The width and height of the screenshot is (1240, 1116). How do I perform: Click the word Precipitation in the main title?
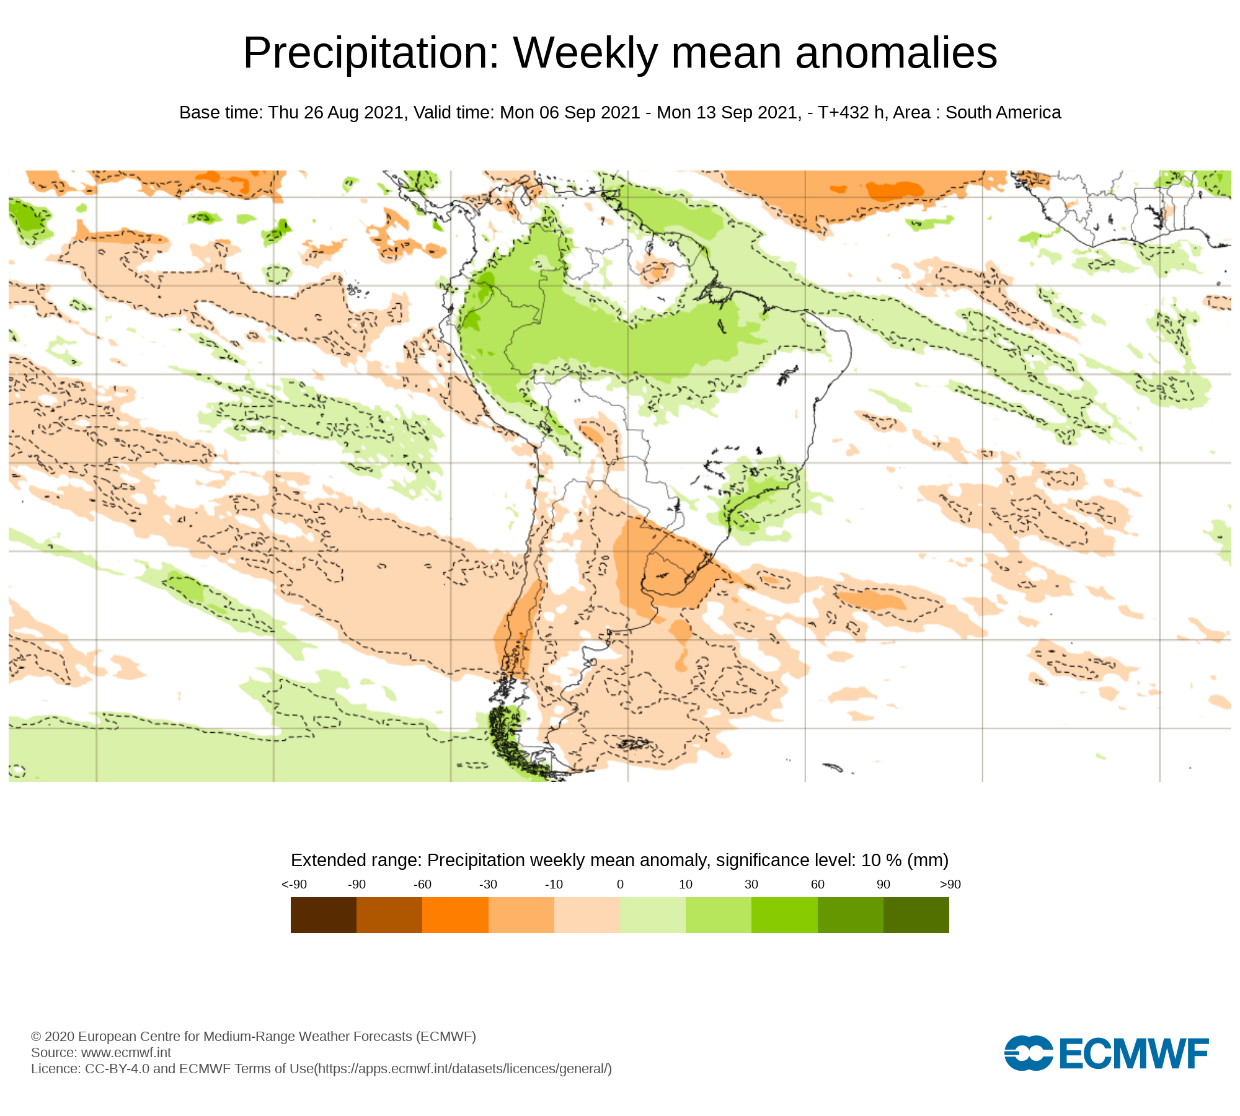point(371,53)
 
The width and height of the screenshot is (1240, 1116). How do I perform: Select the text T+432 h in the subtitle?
point(851,113)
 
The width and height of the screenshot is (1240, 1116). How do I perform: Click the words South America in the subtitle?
point(1003,113)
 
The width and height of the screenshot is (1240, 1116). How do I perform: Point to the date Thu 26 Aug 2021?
point(337,113)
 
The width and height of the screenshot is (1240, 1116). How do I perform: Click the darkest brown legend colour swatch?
point(324,915)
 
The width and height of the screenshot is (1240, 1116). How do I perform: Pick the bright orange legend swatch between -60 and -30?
point(455,915)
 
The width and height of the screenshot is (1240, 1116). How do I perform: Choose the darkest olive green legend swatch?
point(916,915)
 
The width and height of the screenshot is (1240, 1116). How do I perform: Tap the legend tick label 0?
point(620,885)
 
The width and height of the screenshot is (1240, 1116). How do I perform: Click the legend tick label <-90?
point(294,885)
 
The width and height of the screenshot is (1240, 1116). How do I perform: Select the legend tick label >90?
point(950,885)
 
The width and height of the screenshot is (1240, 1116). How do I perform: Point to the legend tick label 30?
point(751,885)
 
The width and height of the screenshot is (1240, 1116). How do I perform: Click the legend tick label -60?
point(422,885)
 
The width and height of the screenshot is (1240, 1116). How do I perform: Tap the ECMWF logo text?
point(1134,1053)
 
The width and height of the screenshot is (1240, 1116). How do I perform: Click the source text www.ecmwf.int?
point(126,1053)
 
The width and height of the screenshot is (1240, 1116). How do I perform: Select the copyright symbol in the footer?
point(36,1037)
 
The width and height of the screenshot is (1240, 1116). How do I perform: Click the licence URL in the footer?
point(463,1069)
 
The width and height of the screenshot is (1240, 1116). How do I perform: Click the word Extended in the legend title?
point(325,861)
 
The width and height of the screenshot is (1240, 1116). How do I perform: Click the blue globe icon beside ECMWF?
point(1028,1053)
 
